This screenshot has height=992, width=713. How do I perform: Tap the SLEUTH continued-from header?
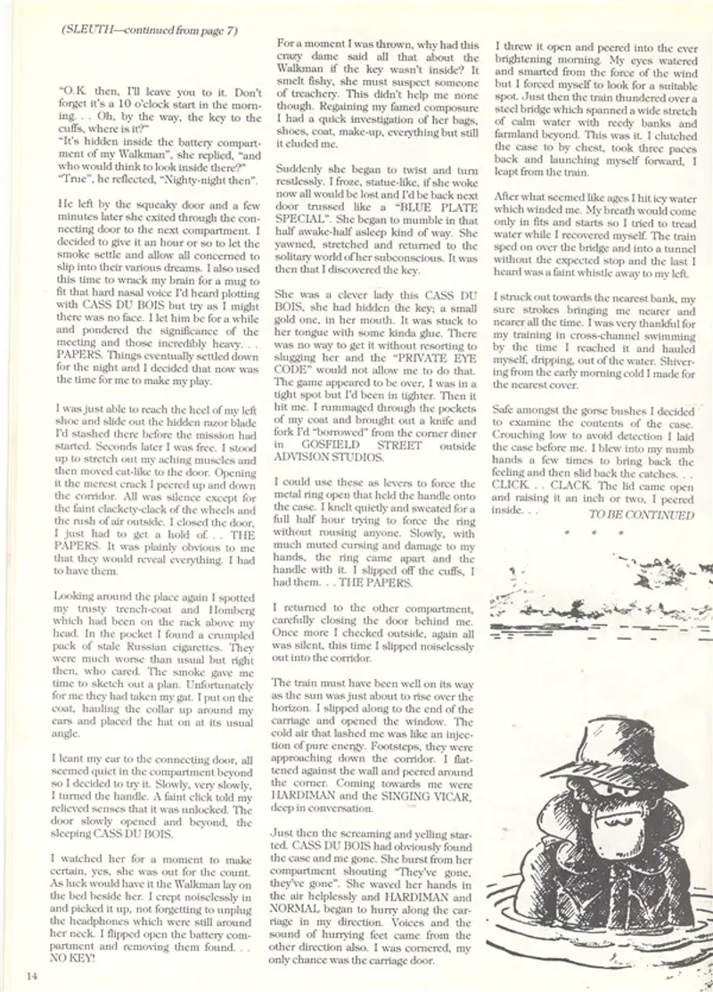(149, 29)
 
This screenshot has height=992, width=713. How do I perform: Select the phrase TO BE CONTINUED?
(641, 515)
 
